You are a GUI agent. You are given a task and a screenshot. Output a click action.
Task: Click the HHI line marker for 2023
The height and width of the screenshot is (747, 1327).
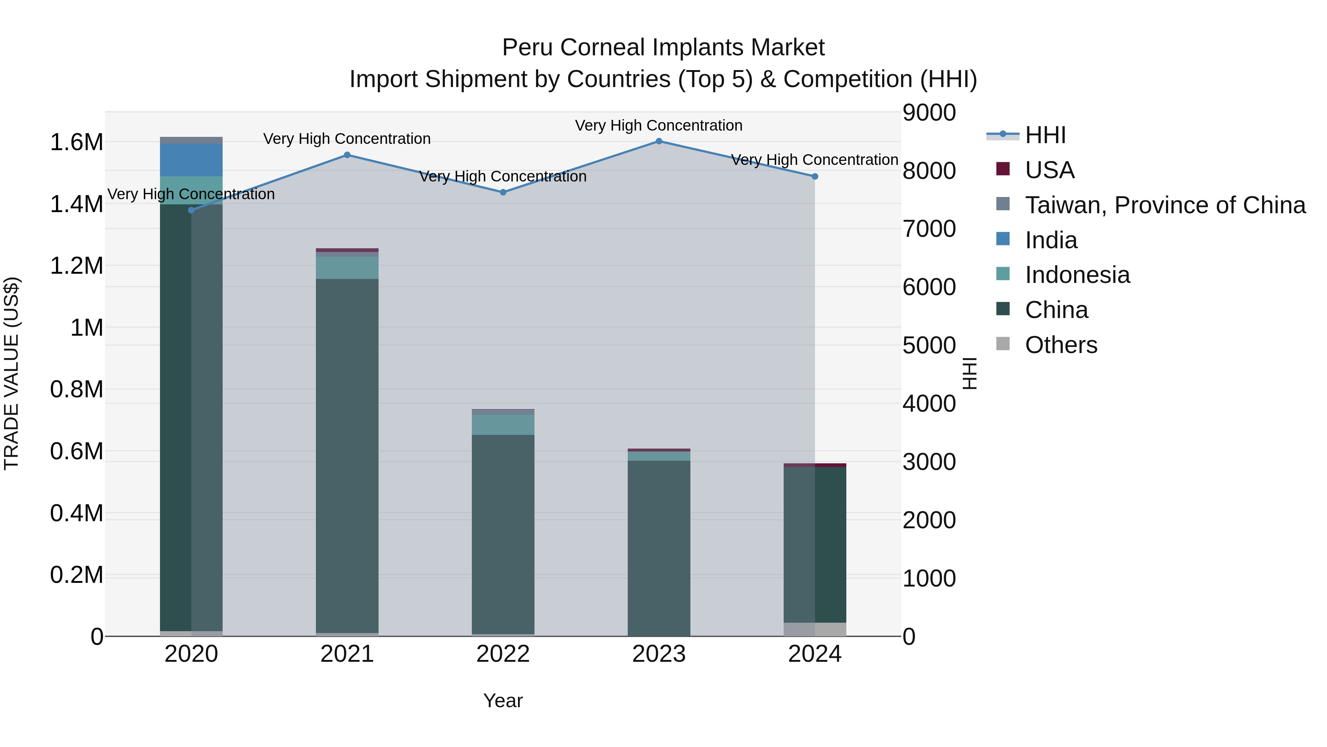[659, 141]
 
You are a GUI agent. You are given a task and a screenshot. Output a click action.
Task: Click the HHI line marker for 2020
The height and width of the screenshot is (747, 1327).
[192, 210]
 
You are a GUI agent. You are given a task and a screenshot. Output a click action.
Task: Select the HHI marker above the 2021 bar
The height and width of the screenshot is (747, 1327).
[347, 155]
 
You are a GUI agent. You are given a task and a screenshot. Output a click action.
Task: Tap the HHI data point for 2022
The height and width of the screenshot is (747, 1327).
[503, 192]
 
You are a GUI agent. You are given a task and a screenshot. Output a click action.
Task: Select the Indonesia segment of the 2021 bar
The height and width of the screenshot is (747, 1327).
[347, 267]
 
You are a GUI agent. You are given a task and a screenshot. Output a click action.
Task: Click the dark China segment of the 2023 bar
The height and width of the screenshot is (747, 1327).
[659, 546]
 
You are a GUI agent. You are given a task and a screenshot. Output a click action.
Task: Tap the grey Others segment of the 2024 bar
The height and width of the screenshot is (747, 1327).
[815, 629]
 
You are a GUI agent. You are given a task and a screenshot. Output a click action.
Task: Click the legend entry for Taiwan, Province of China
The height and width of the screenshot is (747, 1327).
[1165, 205]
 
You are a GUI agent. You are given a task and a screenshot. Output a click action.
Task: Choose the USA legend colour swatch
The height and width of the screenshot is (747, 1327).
[1003, 169]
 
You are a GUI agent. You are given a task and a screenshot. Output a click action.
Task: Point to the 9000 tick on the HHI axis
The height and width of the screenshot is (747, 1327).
[929, 113]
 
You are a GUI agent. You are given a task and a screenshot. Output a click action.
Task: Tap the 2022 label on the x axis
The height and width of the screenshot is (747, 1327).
[503, 654]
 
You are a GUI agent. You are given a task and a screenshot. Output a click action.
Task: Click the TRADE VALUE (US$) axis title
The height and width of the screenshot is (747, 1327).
[11, 373]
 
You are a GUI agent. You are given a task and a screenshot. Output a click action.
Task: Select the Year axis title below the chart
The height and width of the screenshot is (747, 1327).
[503, 701]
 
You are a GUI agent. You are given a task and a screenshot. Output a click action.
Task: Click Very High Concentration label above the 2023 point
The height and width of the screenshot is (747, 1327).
[658, 125]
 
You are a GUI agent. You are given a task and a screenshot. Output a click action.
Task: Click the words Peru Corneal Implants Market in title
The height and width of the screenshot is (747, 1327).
[663, 48]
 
